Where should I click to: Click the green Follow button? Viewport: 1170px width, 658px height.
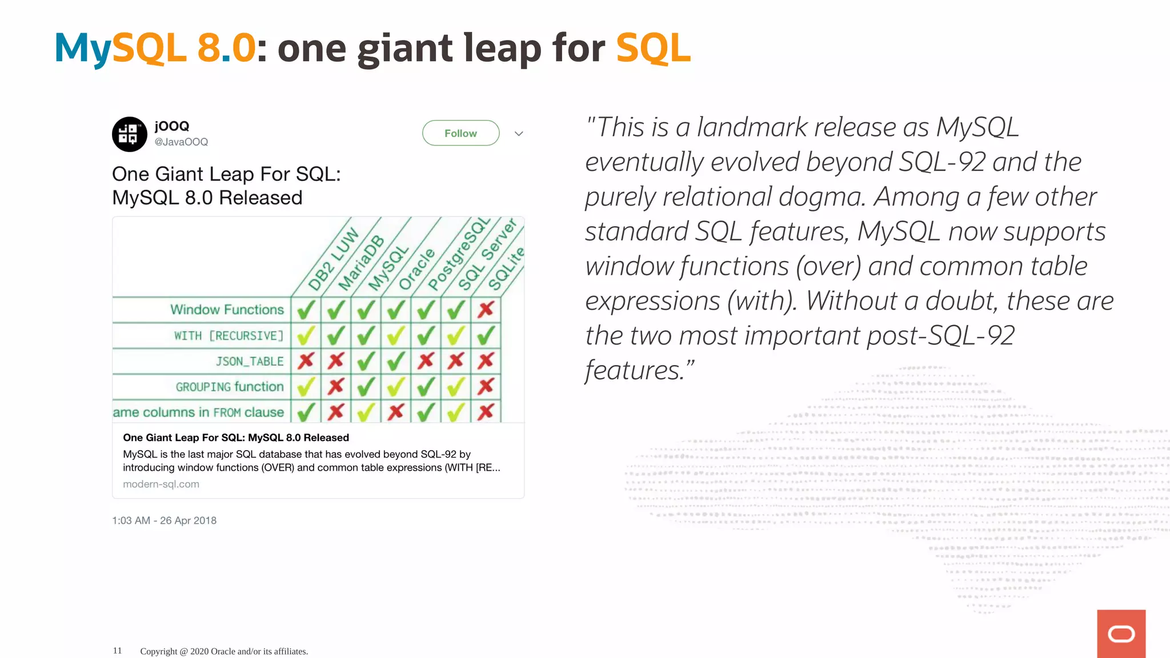(460, 133)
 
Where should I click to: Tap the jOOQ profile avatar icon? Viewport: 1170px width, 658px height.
(130, 134)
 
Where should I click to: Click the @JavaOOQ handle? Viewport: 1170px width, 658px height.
(181, 142)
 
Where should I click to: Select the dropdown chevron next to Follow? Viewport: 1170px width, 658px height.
(519, 134)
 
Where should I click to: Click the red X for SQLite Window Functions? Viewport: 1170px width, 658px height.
(486, 310)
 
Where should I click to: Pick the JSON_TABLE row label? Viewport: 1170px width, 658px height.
(250, 362)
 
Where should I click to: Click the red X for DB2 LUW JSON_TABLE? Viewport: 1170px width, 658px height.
(306, 361)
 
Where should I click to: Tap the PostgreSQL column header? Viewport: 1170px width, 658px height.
(459, 254)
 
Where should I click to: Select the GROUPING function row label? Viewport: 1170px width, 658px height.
(230, 387)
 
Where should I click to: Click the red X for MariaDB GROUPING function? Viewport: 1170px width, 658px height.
(336, 387)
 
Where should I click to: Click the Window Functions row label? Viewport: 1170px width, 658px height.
(227, 310)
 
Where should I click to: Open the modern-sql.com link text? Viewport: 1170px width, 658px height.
(161, 484)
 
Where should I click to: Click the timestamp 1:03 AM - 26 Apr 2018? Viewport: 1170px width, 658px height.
(164, 520)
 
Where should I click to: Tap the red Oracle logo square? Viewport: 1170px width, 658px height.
(1121, 633)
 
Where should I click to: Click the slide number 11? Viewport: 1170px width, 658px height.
(117, 651)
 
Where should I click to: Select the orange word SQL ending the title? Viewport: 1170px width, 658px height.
(654, 48)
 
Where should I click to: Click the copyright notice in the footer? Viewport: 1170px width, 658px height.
(224, 651)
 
